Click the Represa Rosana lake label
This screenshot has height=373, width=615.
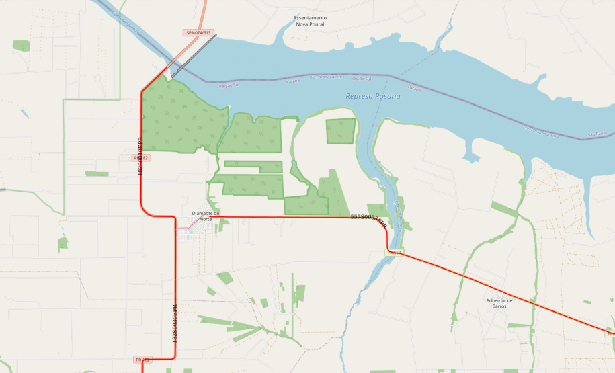(x=372, y=97)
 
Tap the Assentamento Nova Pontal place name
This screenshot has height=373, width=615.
(x=311, y=21)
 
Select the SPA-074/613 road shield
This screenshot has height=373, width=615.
(x=198, y=32)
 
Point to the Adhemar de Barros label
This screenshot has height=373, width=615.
(x=499, y=303)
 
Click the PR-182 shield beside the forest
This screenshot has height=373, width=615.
(x=142, y=158)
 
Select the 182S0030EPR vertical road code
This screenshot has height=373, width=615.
(x=175, y=324)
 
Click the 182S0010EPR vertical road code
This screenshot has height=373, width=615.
(x=140, y=157)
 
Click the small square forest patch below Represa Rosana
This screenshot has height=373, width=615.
(x=341, y=131)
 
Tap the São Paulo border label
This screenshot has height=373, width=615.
(x=596, y=135)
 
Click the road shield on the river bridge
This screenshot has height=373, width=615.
(x=394, y=252)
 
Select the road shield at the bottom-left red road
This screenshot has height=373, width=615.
(x=142, y=360)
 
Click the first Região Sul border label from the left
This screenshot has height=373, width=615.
(x=229, y=85)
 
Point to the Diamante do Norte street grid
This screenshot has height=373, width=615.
(x=193, y=235)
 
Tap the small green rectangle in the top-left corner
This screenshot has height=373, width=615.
(x=22, y=46)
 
